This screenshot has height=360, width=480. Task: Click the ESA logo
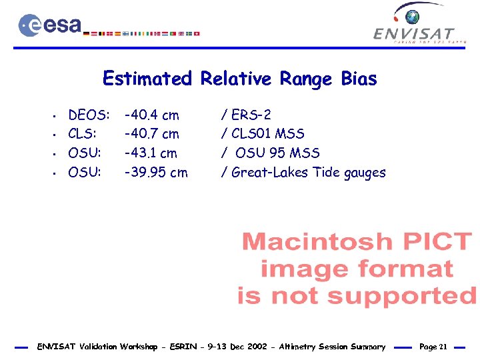[50, 25]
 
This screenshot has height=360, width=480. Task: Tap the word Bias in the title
[359, 79]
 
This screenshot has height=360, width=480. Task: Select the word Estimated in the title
[147, 79]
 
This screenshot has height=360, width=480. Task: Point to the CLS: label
[84, 134]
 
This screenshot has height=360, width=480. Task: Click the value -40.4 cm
[152, 115]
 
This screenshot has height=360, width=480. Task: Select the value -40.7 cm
[152, 134]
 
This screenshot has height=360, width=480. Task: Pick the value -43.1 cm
[151, 153]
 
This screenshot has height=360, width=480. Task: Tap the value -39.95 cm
[157, 173]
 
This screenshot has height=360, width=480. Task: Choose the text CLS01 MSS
[267, 134]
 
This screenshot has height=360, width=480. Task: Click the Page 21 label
[433, 347]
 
